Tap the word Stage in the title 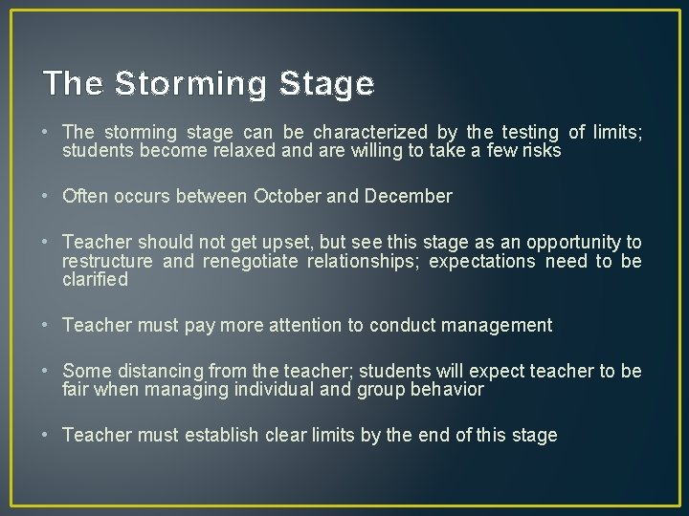click(x=326, y=84)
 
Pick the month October click(x=288, y=196)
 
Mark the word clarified click(x=95, y=279)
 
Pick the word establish click(x=221, y=435)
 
